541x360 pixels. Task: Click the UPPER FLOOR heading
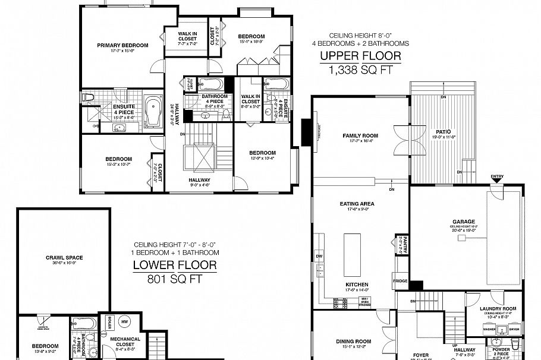click(360, 56)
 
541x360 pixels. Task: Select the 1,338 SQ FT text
click(360, 70)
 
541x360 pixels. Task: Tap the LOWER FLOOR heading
click(174, 265)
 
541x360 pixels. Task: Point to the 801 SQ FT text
click(174, 279)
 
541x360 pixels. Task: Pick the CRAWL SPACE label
click(64, 257)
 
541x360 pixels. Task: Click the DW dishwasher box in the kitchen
click(319, 257)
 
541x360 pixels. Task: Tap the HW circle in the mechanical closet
click(124, 321)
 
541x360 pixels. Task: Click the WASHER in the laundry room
click(490, 329)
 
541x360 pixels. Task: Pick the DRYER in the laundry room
click(513, 329)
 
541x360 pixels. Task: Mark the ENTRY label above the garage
click(496, 177)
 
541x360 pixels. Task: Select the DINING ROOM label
click(353, 341)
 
